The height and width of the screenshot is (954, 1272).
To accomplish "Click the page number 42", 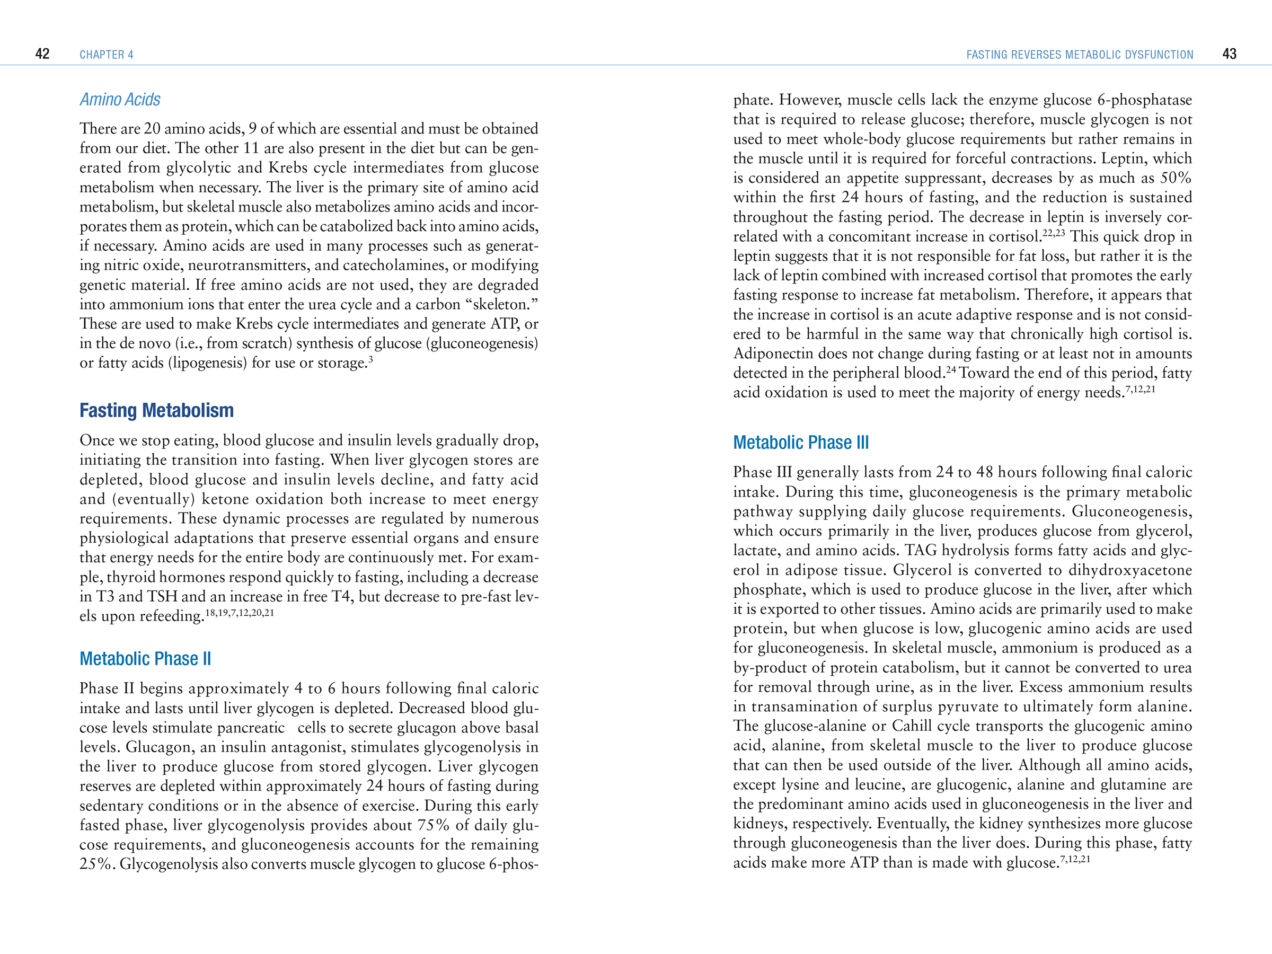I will click(x=42, y=54).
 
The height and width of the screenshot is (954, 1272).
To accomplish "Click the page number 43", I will click(x=1229, y=54).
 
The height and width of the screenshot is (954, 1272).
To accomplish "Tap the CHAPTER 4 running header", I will click(x=107, y=55).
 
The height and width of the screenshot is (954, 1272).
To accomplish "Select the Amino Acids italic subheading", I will click(x=120, y=100).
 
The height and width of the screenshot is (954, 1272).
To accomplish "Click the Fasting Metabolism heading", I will click(x=156, y=411).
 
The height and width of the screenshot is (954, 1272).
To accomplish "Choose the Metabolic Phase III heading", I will click(x=800, y=443).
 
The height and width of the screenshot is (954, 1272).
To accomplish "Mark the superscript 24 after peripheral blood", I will click(x=951, y=370).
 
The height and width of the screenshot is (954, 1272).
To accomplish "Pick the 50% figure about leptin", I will click(x=1177, y=178).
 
